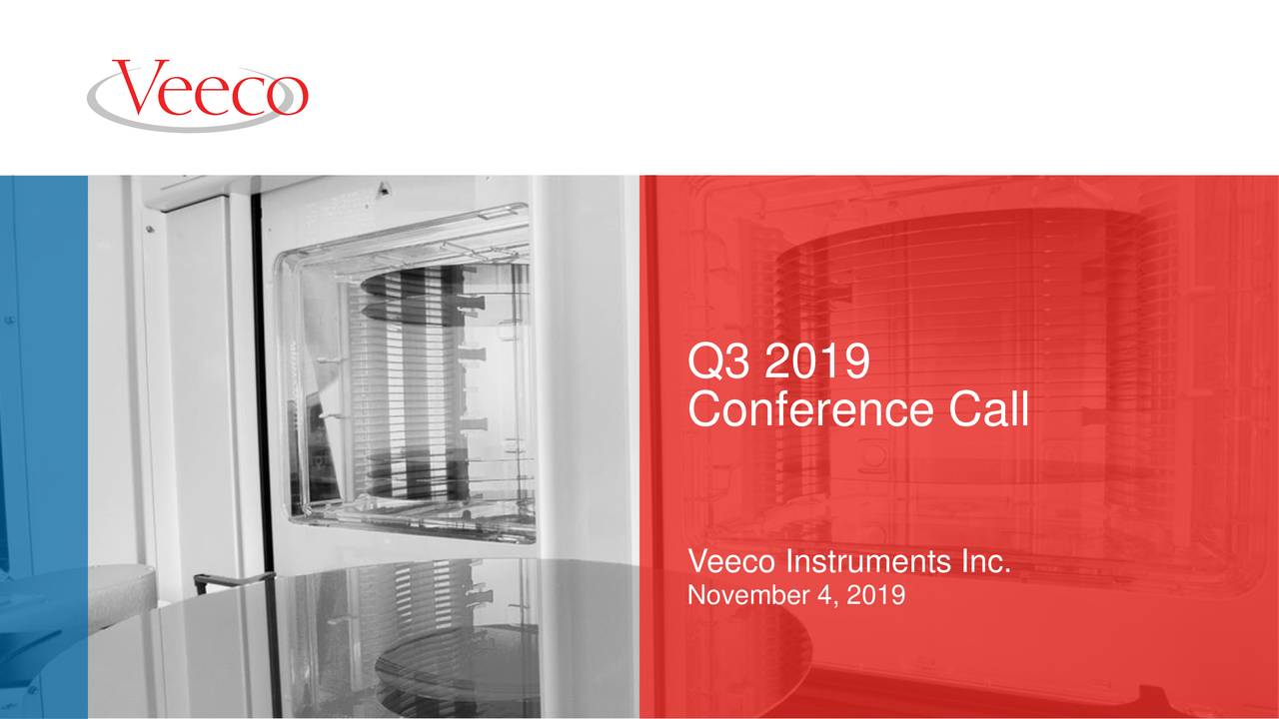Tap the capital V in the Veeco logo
coord(137,88)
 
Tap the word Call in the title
coord(988,409)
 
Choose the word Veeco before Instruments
coord(733,565)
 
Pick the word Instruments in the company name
coord(865,565)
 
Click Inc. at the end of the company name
coord(984,565)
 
